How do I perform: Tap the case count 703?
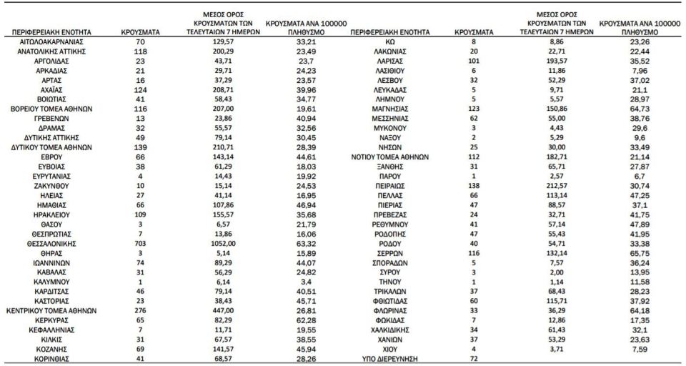click(140, 243)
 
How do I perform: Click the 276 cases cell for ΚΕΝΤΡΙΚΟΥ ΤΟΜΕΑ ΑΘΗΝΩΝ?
click(140, 311)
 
